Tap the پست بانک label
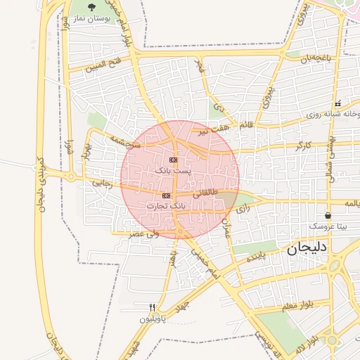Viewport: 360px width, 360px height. [172, 170]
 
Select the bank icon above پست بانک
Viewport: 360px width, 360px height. [173, 160]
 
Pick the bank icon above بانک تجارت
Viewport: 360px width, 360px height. [166, 195]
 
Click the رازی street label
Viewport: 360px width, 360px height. [242, 209]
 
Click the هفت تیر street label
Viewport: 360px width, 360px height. [213, 129]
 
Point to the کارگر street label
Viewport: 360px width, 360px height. [304, 146]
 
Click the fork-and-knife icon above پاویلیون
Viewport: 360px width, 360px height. [152, 308]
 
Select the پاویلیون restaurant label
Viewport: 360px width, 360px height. [153, 319]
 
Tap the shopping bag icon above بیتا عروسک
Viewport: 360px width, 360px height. [328, 215]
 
